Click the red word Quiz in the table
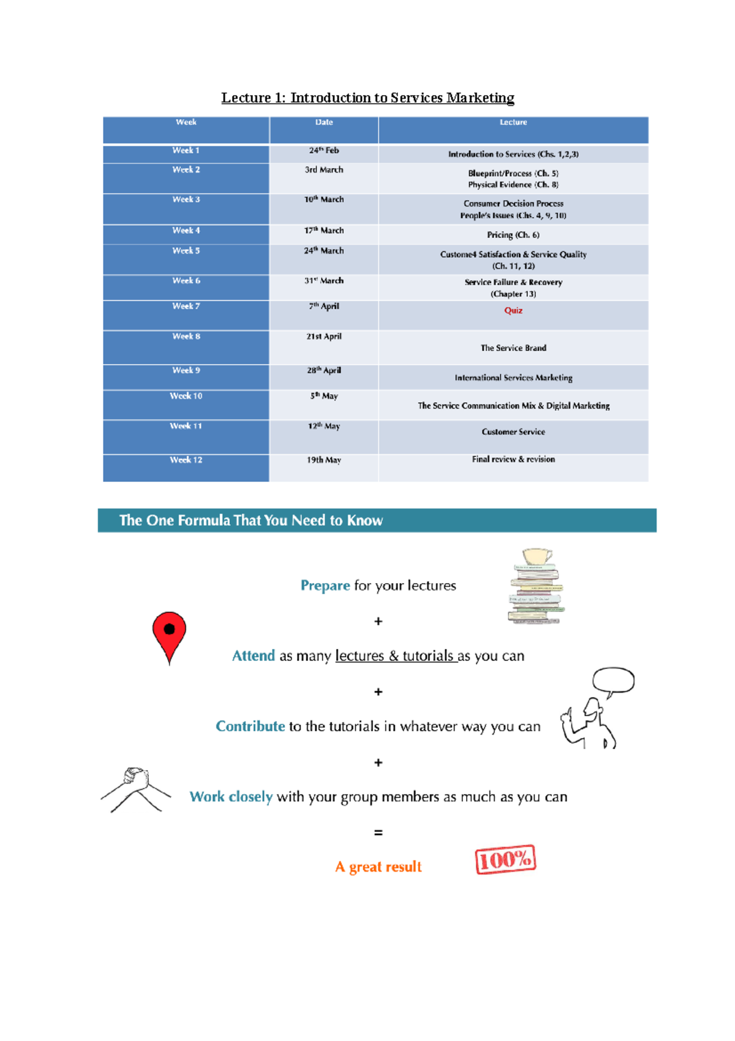(513, 310)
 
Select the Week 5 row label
(186, 251)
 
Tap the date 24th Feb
(323, 150)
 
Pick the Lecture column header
(513, 123)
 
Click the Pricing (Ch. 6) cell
(513, 235)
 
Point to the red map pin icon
(169, 635)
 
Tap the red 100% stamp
(505, 860)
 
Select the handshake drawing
(135, 789)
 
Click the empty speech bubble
(613, 680)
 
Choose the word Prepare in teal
(325, 585)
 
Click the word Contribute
(250, 726)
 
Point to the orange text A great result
(379, 867)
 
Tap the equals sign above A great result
(379, 833)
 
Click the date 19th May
(323, 460)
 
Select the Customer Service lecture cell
(513, 432)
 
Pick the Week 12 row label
(186, 460)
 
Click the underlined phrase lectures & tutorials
(396, 656)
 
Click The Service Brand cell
(513, 348)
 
